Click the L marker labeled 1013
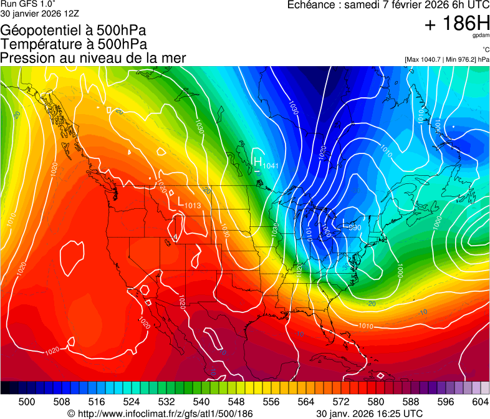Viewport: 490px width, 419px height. tap(181, 203)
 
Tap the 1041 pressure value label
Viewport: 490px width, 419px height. tap(271, 166)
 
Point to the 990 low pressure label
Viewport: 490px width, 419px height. tap(354, 228)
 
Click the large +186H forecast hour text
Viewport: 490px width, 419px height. tap(456, 24)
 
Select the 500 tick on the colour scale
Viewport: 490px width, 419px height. tap(26, 402)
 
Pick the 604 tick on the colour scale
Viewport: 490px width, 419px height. tap(480, 402)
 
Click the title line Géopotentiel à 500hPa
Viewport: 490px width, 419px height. tap(74, 31)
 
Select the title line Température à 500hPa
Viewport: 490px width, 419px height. tap(74, 44)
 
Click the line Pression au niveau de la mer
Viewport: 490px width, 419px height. tap(93, 58)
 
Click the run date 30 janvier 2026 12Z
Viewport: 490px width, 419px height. tap(39, 13)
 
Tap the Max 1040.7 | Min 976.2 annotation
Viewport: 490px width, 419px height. tap(446, 59)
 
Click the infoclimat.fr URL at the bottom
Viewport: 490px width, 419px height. tap(160, 413)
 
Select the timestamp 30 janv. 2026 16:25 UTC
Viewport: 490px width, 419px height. tap(370, 413)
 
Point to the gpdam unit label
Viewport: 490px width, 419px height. tap(481, 36)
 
